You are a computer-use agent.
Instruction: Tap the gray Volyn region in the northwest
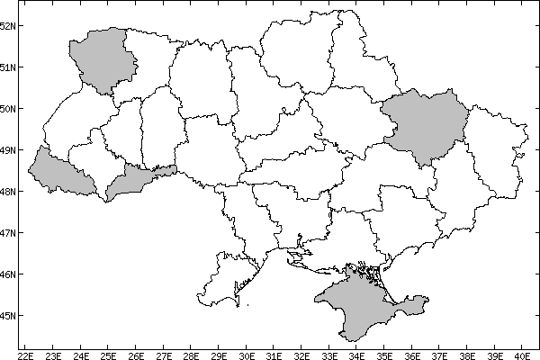(103, 59)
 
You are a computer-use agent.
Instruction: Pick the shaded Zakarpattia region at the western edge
(59, 172)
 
